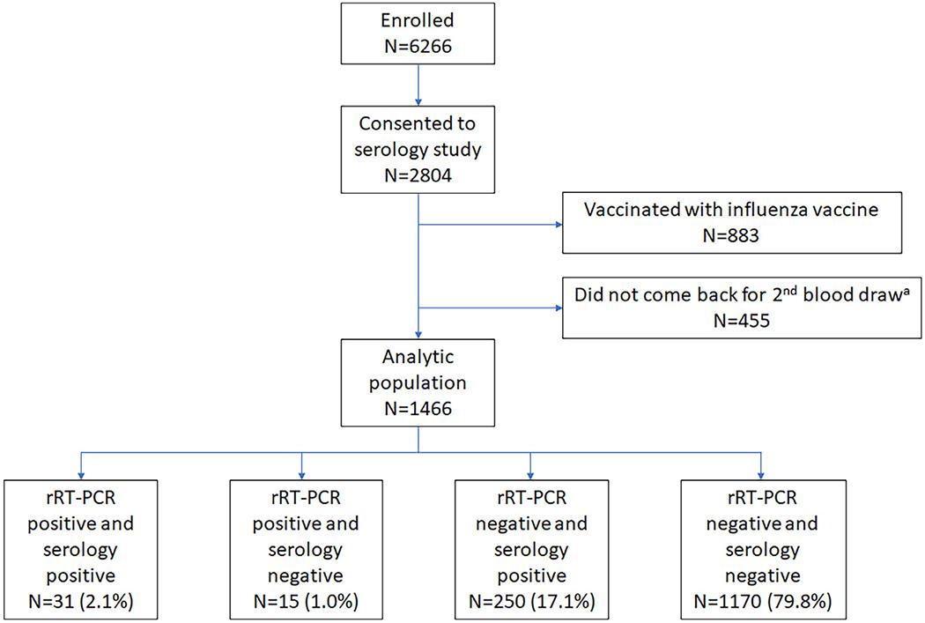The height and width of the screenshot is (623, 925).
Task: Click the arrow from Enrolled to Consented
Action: (418, 85)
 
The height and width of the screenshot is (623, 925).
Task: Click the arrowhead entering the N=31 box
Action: (80, 473)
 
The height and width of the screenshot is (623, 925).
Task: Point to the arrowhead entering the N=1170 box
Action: (760, 473)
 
